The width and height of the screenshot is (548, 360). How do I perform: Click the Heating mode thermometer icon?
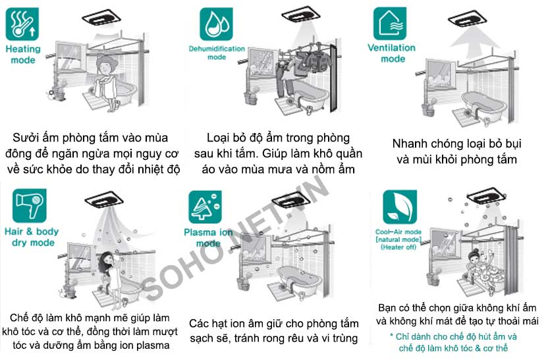point(22,24)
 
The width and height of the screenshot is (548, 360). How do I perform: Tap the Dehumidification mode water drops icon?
point(216,24)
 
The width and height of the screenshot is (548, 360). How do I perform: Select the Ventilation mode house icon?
point(390,24)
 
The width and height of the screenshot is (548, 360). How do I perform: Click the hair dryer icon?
point(30,205)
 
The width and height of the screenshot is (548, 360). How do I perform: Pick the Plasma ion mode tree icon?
point(205,207)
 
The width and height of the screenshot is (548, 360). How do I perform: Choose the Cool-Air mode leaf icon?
point(400,207)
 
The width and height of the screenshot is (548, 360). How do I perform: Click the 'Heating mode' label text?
point(23,55)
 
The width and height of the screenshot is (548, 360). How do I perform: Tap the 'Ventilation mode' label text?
point(392,53)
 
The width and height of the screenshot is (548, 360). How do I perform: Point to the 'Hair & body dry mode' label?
point(32,237)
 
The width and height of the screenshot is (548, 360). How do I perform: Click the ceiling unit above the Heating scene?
point(101,18)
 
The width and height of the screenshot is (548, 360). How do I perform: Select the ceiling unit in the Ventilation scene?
point(467,19)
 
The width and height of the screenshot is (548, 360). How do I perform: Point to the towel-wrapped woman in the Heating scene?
point(108,83)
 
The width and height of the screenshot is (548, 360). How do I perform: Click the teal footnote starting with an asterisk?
point(453,342)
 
